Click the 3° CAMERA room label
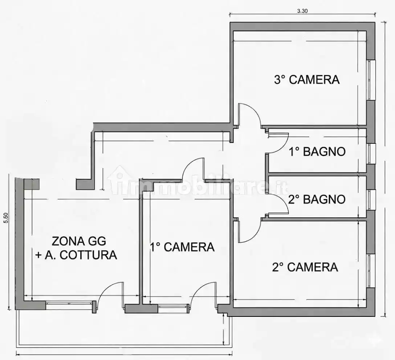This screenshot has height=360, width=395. click(307, 79)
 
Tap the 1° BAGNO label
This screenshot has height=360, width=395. click(317, 151)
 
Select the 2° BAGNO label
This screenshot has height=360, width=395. click(317, 199)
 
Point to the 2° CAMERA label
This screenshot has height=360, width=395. click(305, 267)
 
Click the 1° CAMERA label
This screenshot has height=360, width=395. click(182, 247)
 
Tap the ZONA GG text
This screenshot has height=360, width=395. click(79, 241)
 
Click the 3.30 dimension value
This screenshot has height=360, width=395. click(302, 11)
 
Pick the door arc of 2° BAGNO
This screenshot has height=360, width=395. click(280, 205)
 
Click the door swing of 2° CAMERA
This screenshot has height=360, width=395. click(251, 232)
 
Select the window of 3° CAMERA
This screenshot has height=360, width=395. click(371, 80)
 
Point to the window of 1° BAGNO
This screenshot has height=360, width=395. click(371, 154)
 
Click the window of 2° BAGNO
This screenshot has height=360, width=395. click(371, 200)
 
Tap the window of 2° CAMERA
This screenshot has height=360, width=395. click(371, 271)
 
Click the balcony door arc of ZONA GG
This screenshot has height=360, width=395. click(111, 292)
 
